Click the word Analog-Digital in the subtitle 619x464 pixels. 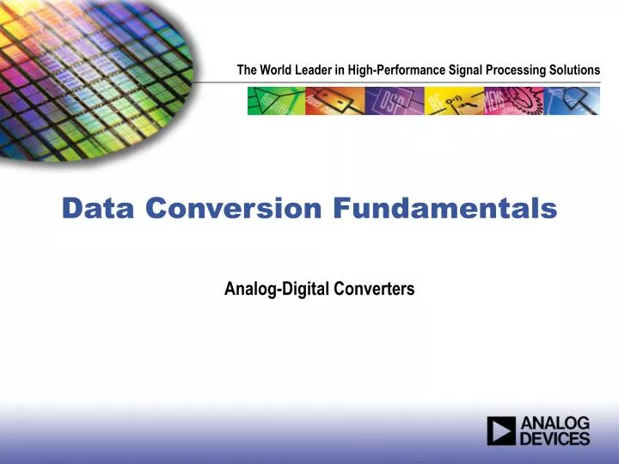coord(269,289)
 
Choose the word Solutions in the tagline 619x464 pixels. coord(575,70)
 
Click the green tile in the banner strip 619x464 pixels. coord(276,101)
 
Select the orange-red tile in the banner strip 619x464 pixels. coord(334,101)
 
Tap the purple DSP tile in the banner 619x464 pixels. coord(394,101)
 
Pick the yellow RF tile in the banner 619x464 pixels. coord(453,101)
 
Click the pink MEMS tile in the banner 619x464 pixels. coord(512,101)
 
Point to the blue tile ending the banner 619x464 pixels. coord(571,101)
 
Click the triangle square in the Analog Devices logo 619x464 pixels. coord(501,430)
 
